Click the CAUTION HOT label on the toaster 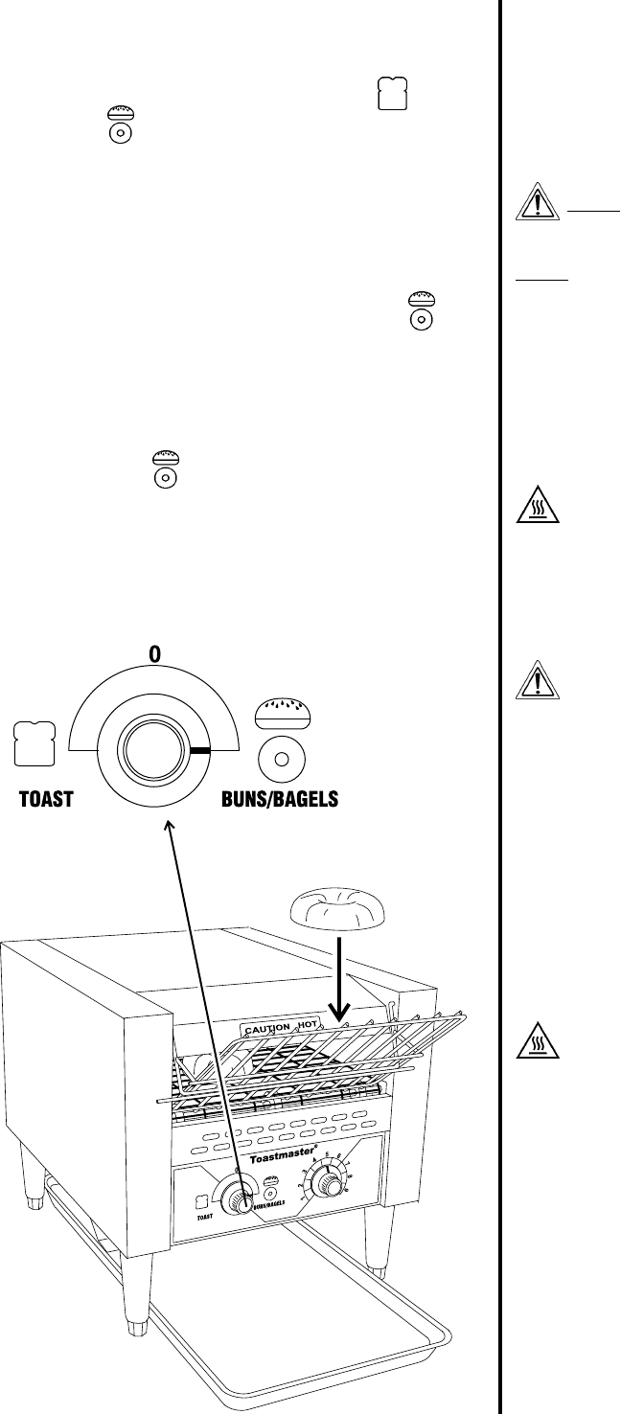click(281, 1027)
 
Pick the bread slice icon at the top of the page click(393, 95)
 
